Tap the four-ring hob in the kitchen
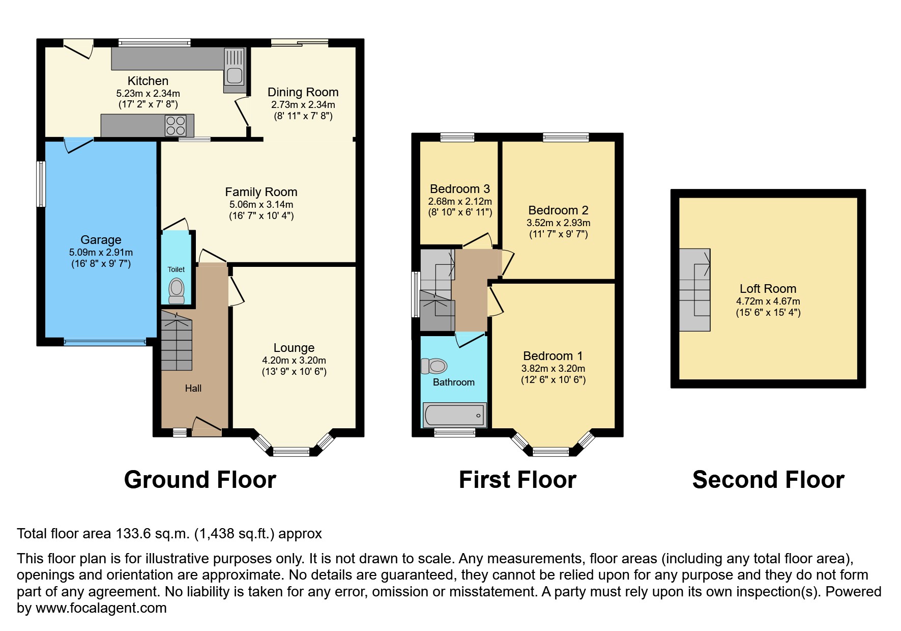(x=176, y=126)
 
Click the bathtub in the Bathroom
(x=454, y=415)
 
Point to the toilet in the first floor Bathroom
(x=434, y=366)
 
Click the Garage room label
(x=101, y=240)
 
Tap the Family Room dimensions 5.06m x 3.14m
(x=261, y=204)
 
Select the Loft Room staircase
(x=694, y=290)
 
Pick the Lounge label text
(x=294, y=348)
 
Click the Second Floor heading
(x=768, y=480)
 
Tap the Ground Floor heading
(x=200, y=480)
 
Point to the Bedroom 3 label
(x=460, y=189)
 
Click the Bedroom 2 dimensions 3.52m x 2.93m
(x=558, y=223)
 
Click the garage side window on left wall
(x=41, y=184)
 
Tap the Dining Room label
(x=303, y=92)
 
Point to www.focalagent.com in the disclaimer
(x=101, y=608)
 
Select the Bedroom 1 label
(x=553, y=356)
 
